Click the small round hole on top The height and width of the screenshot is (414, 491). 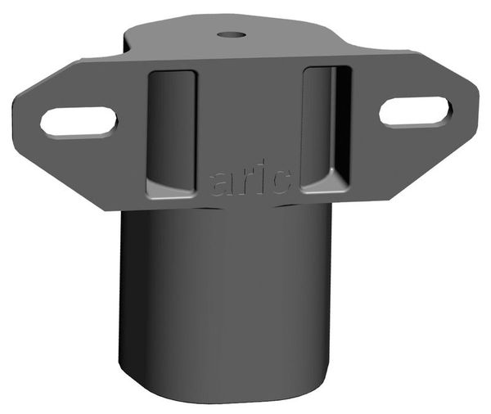[x=232, y=35]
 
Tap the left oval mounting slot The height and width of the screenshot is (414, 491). [x=79, y=121]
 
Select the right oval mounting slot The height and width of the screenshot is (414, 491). [x=415, y=112]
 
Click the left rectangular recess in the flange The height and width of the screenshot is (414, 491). [x=172, y=131]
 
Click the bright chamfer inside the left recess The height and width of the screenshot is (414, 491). [x=170, y=190]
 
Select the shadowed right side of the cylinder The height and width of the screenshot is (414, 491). [x=319, y=295]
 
